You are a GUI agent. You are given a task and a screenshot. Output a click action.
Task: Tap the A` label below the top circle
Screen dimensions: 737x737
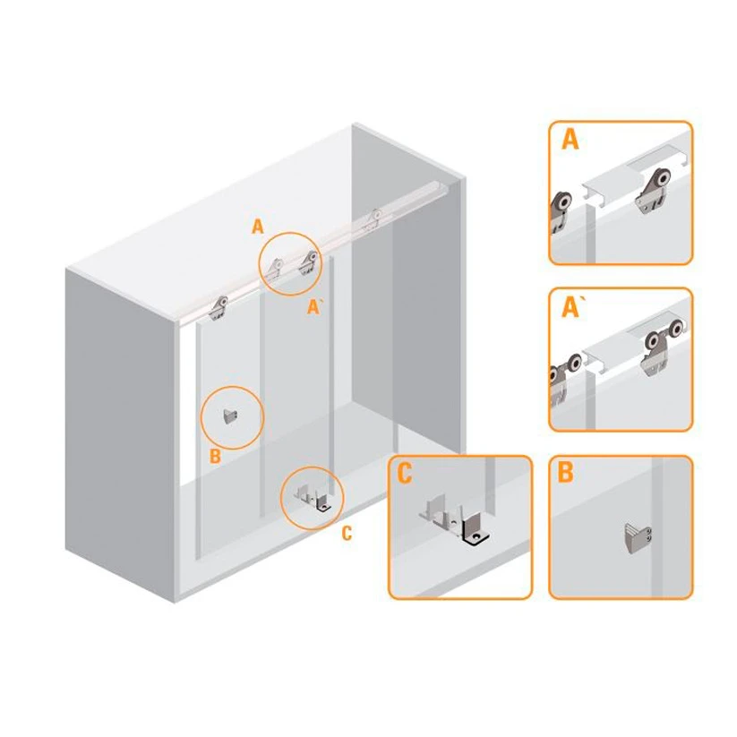[313, 307]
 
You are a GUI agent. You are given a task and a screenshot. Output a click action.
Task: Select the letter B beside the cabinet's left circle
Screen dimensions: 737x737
[215, 456]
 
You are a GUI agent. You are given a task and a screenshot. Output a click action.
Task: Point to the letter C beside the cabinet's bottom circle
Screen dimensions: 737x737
[347, 534]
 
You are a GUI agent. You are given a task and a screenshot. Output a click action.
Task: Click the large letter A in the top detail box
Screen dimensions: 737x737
[570, 139]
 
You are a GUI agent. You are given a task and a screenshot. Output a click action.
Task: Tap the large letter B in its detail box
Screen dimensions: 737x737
[565, 472]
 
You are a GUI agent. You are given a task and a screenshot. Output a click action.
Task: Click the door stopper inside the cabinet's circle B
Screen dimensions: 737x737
[230, 416]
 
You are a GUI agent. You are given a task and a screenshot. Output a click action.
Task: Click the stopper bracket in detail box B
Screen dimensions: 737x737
[638, 539]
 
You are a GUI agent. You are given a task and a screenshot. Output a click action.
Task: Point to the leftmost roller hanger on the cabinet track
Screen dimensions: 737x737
[219, 308]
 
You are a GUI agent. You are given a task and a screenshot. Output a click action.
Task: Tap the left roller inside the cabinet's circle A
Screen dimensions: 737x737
[275, 270]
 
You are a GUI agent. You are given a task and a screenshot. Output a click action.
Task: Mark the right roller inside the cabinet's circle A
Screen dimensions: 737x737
[309, 262]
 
